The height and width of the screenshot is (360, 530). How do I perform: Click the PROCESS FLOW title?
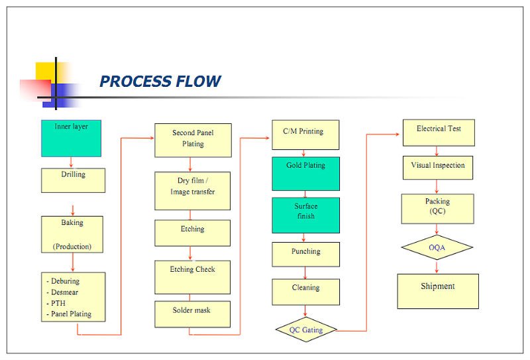(x=160, y=81)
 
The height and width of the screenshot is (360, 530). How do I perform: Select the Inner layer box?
(x=71, y=139)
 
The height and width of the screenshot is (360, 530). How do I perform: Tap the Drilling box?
(x=73, y=180)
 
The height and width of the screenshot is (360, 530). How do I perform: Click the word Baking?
(x=72, y=222)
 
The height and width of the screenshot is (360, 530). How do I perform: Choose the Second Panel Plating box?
(x=193, y=140)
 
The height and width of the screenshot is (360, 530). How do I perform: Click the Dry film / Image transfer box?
(x=192, y=191)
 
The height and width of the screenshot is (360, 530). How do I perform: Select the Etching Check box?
(x=192, y=277)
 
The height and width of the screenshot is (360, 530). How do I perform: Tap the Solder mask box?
(x=192, y=314)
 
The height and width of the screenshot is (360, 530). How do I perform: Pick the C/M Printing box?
(x=305, y=135)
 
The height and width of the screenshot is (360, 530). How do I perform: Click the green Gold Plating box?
(x=305, y=174)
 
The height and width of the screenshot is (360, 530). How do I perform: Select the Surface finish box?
(x=305, y=215)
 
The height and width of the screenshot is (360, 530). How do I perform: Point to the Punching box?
(x=305, y=254)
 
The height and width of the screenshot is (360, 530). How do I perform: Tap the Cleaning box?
(x=305, y=292)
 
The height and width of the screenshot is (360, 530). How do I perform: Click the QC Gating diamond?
(x=306, y=330)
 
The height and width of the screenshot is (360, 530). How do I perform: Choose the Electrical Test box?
(x=439, y=133)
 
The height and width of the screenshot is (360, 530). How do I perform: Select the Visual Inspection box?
(x=438, y=168)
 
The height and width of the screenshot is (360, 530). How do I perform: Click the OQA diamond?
(x=437, y=247)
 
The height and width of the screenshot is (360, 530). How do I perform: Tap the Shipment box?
(x=438, y=291)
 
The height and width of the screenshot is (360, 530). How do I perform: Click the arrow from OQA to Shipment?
(x=437, y=267)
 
